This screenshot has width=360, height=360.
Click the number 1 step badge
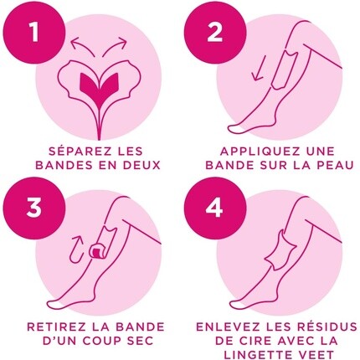point(34,33)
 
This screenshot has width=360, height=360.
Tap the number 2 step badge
point(215,33)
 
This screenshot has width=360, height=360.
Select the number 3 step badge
point(34,208)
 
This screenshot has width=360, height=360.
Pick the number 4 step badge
point(215,208)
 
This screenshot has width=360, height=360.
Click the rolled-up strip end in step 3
point(95,250)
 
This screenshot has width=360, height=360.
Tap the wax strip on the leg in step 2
point(282,70)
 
